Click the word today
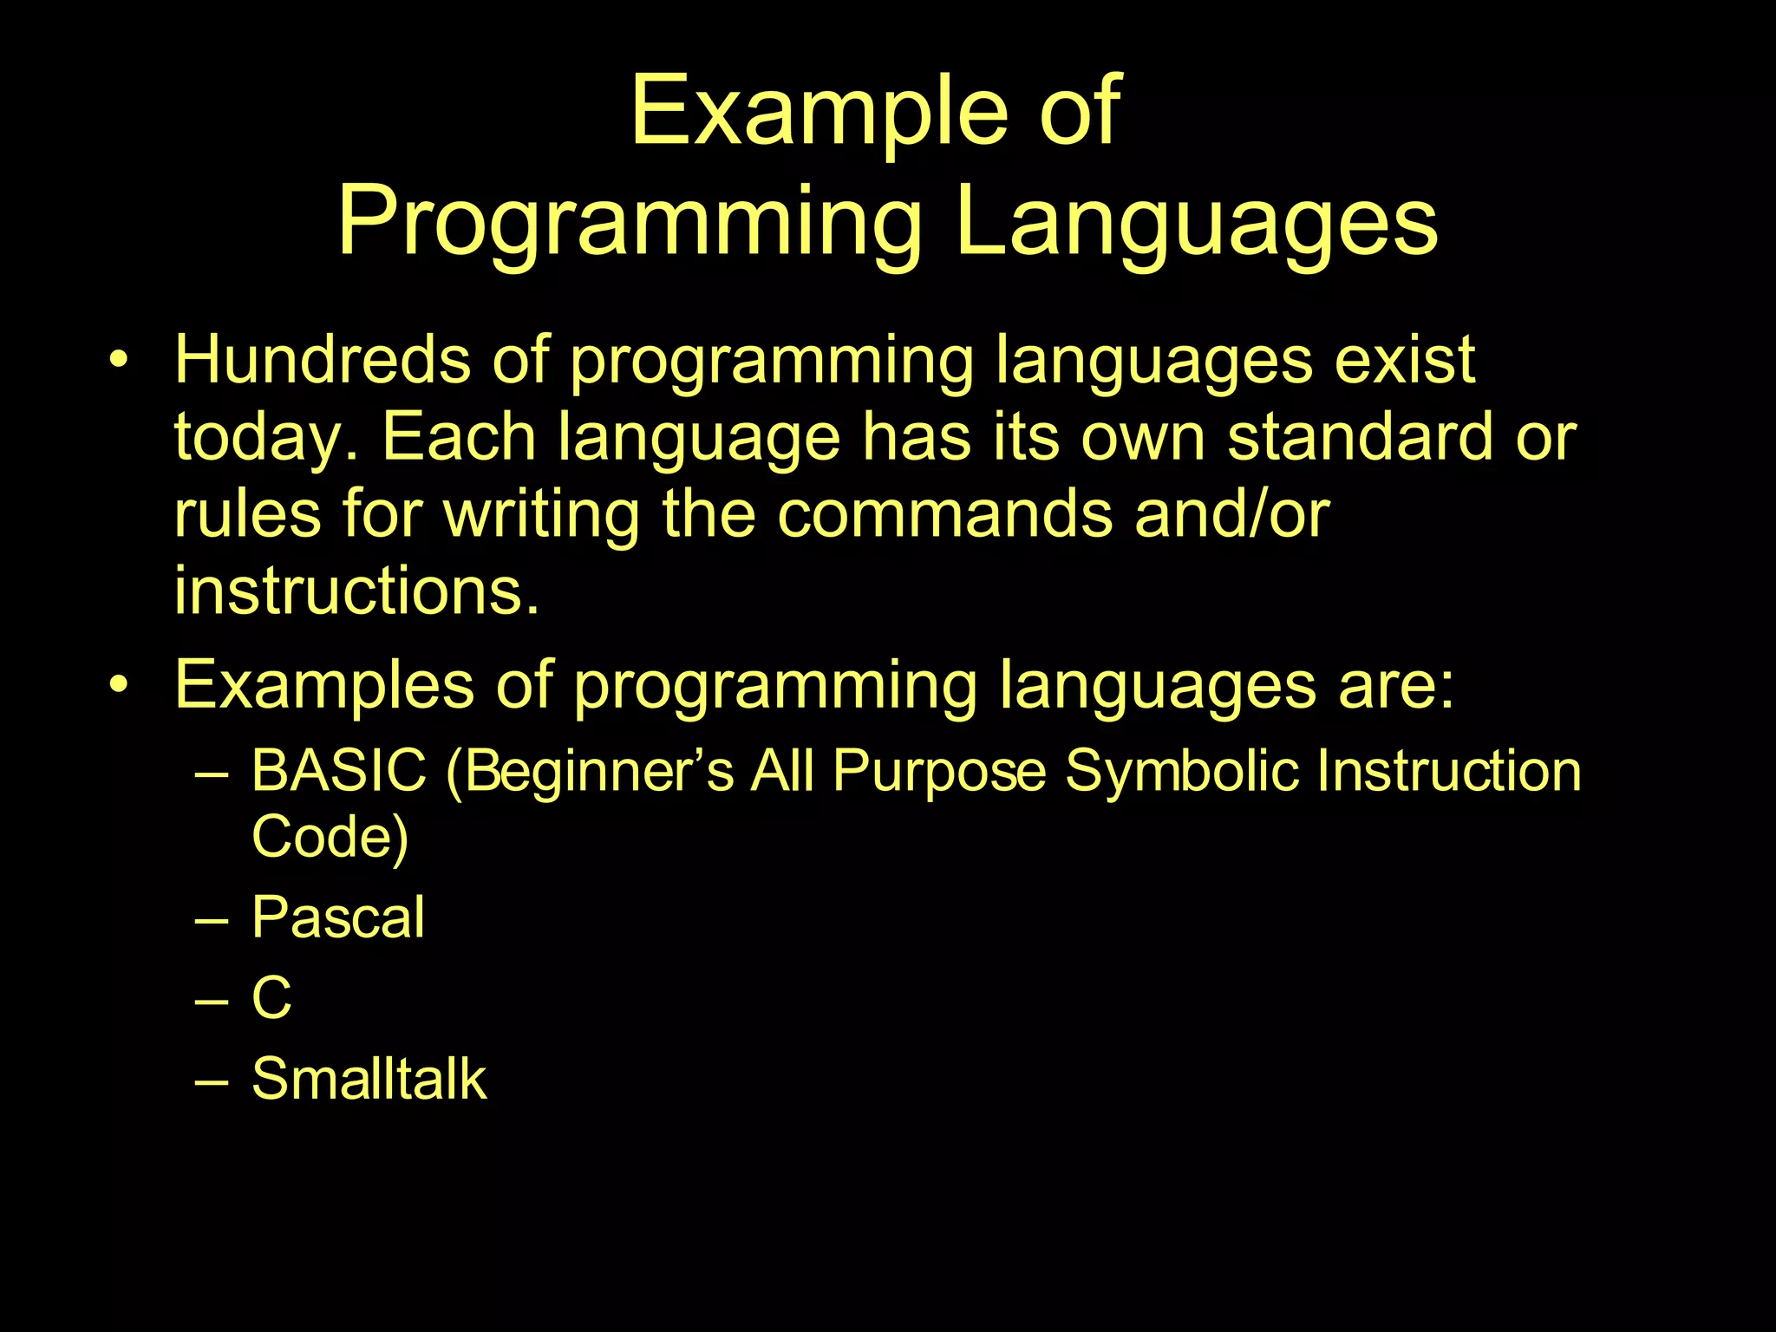tap(265, 437)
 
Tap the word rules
tap(248, 513)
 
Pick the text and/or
tap(1231, 513)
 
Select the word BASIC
tap(339, 770)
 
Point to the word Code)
tap(330, 837)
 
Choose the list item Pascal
tap(338, 917)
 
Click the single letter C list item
tap(271, 997)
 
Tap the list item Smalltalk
tap(369, 1079)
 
